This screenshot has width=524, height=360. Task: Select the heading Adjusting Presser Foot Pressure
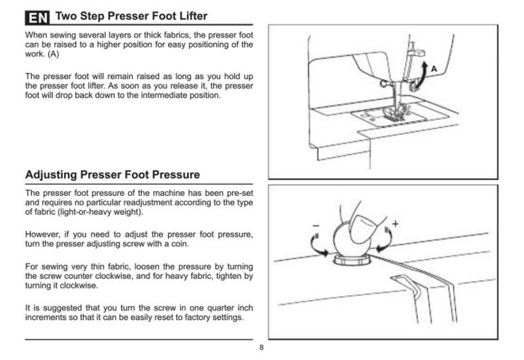click(x=112, y=175)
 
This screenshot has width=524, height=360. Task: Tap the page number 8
click(x=262, y=348)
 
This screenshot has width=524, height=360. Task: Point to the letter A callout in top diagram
click(x=434, y=69)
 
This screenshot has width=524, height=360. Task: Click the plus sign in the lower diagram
click(x=395, y=224)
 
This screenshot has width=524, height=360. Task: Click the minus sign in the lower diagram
click(x=313, y=224)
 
